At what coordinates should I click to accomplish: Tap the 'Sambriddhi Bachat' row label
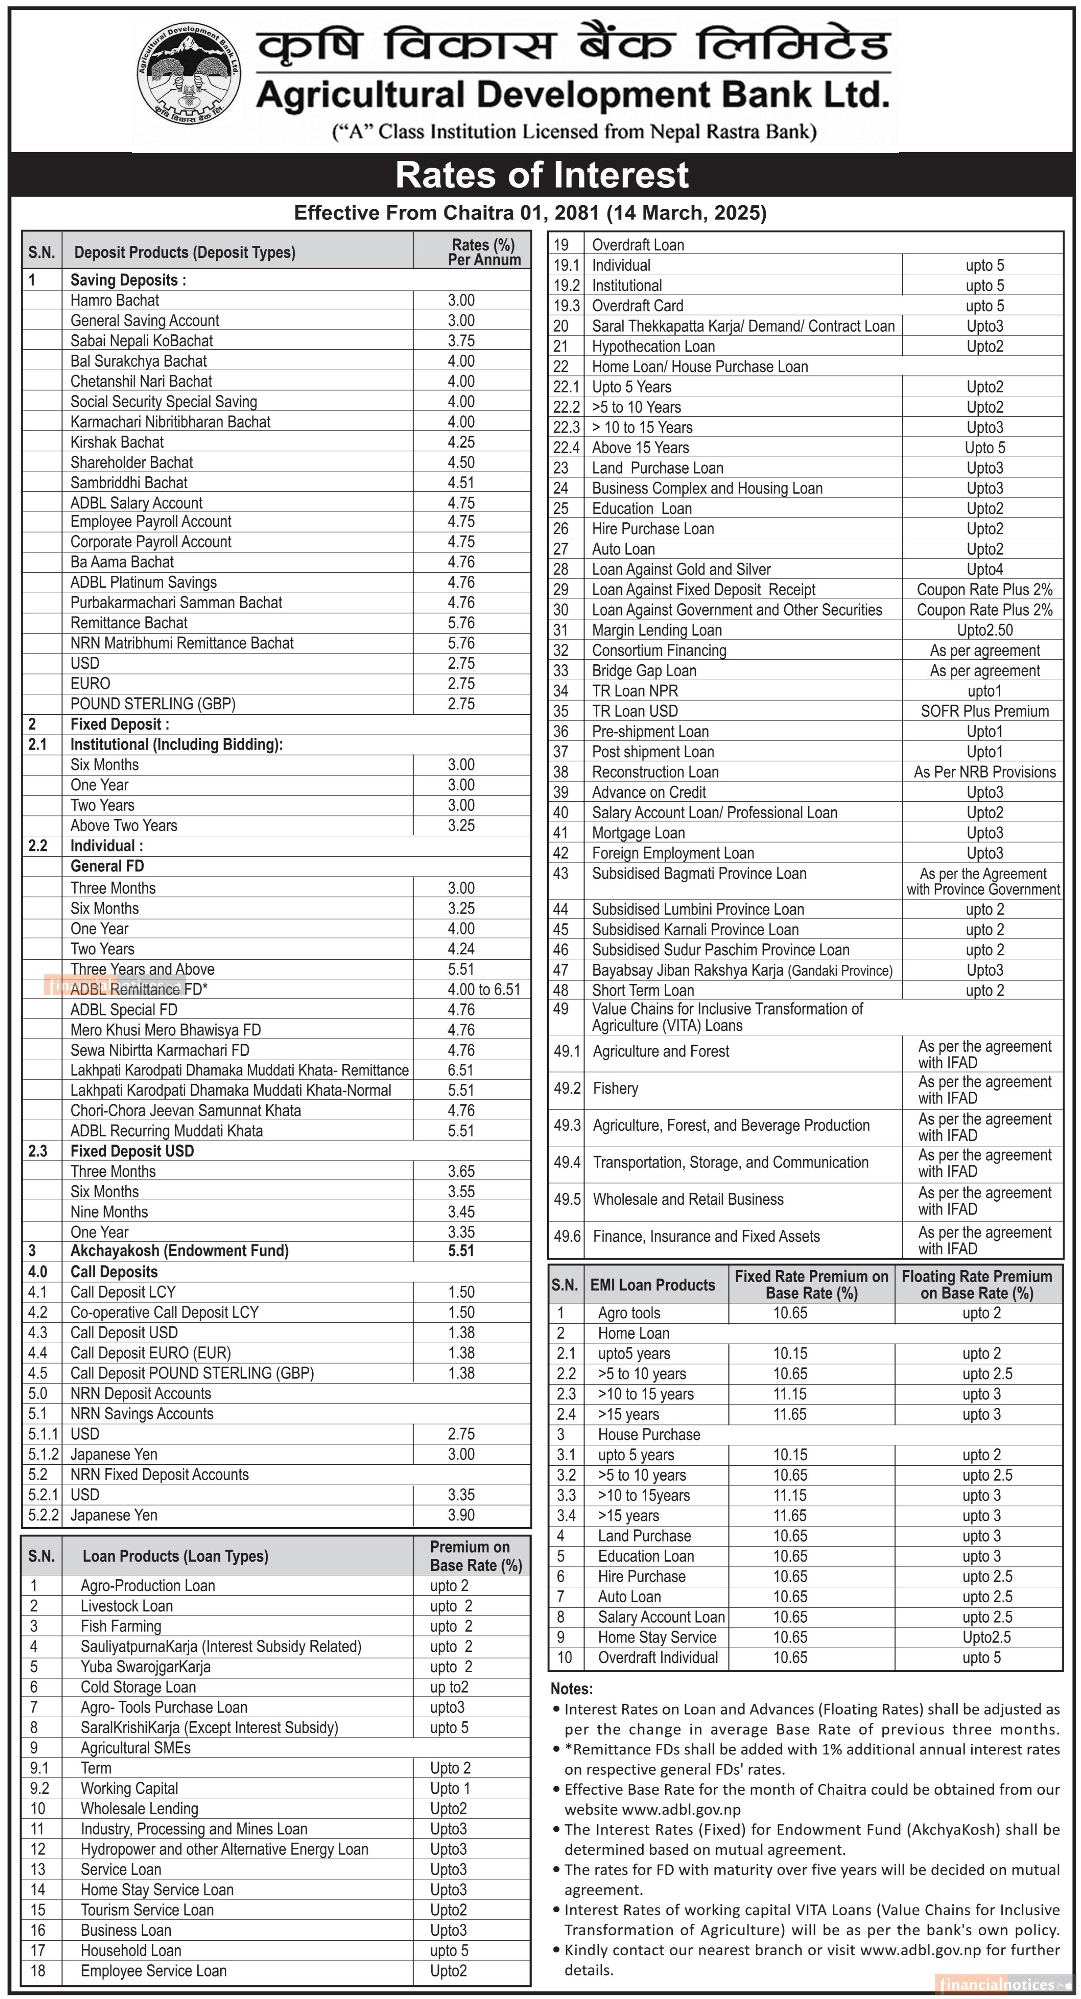pos(129,483)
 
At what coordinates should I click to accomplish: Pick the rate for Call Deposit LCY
pos(461,1292)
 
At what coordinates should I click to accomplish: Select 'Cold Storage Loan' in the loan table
pos(138,1687)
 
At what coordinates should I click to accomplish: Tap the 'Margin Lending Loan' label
pos(656,630)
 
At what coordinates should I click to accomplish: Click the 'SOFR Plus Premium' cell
pos(984,711)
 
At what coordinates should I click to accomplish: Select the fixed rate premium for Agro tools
pos(790,1313)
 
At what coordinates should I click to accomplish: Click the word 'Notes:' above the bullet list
pos(571,1689)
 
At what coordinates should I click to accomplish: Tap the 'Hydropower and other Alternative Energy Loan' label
pos(224,1849)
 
